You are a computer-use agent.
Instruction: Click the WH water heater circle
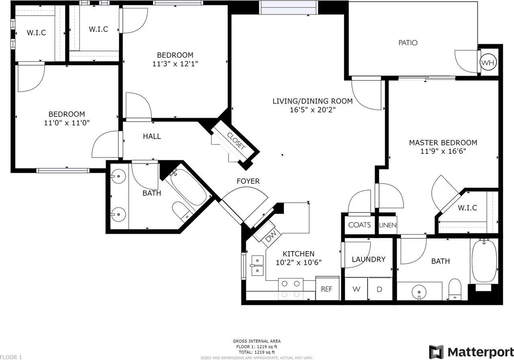[x=488, y=62]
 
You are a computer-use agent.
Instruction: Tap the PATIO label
[x=408, y=43]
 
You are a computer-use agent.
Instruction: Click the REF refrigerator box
[x=327, y=288]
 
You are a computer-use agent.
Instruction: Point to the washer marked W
[x=356, y=289]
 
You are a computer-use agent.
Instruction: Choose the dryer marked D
[x=380, y=289]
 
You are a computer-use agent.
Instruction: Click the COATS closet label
[x=359, y=225]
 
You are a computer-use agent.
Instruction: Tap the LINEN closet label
[x=388, y=225]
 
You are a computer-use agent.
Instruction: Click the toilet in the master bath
[x=455, y=289]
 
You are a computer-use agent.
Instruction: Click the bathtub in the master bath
[x=484, y=261]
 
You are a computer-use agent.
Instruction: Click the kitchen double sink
[x=257, y=266]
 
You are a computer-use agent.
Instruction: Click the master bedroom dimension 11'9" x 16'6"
[x=443, y=151]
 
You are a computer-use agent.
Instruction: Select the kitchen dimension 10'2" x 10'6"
[x=298, y=262]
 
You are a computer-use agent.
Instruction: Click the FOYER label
[x=248, y=181]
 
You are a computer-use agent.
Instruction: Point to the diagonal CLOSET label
[x=236, y=141]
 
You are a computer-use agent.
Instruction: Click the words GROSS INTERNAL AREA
[x=257, y=341]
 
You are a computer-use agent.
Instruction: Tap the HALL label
[x=152, y=136]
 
